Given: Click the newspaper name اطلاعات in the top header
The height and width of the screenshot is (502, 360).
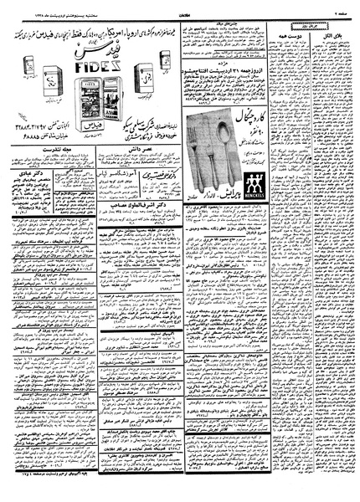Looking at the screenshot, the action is point(180,6).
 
